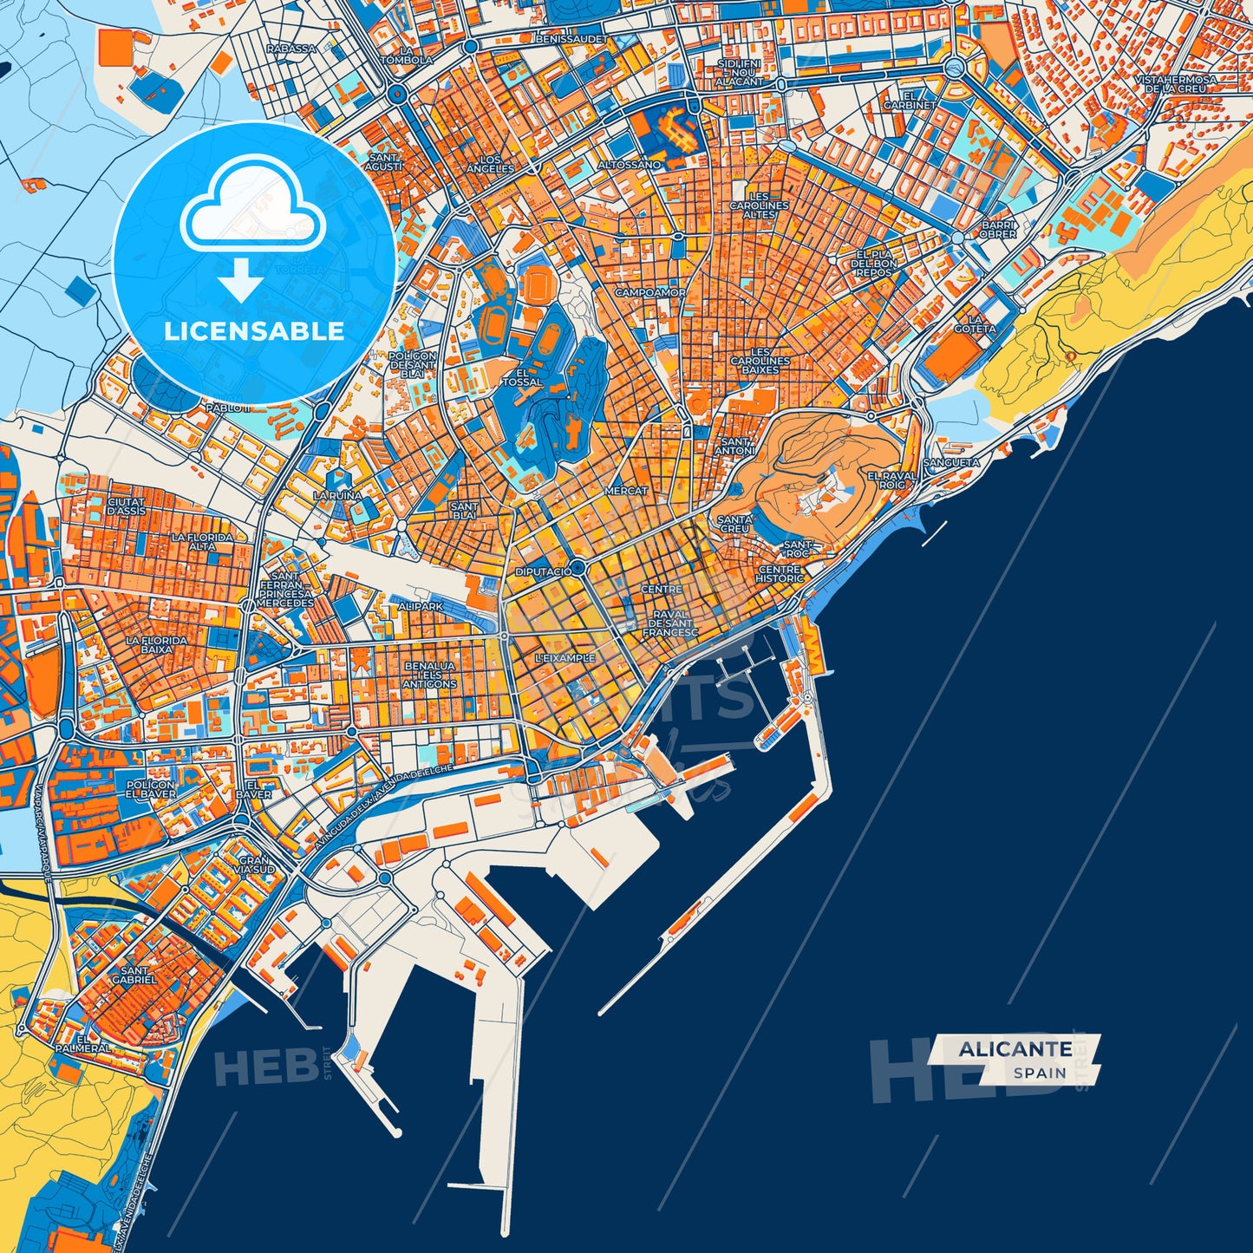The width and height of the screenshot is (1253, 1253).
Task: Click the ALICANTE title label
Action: click(1015, 1049)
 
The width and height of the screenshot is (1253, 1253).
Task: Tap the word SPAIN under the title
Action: click(1040, 1073)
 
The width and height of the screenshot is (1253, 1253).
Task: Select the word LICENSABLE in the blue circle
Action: click(254, 330)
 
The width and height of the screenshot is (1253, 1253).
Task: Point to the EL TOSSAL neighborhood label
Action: click(522, 377)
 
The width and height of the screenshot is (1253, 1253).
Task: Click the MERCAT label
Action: click(626, 491)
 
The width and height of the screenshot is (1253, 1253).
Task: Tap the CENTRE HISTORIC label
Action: click(780, 574)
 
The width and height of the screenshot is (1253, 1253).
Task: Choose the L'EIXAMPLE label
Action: click(565, 658)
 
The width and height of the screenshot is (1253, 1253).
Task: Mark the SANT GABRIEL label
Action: click(134, 976)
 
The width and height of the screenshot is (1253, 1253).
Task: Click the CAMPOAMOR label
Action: click(650, 293)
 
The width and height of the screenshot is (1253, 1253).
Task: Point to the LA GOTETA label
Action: click(975, 324)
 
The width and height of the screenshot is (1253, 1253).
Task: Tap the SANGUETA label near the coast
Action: click(951, 462)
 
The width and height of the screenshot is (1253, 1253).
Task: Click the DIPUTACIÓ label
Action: click(544, 572)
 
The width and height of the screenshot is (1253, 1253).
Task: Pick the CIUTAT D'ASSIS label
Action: click(127, 506)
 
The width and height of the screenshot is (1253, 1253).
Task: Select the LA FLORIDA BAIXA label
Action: click(156, 644)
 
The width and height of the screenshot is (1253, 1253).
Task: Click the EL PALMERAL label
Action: click(83, 1043)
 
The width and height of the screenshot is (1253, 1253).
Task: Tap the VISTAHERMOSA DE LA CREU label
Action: click(1175, 84)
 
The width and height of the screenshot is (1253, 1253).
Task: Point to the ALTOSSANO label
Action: click(629, 165)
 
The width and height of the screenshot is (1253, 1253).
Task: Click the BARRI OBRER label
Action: click(998, 230)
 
